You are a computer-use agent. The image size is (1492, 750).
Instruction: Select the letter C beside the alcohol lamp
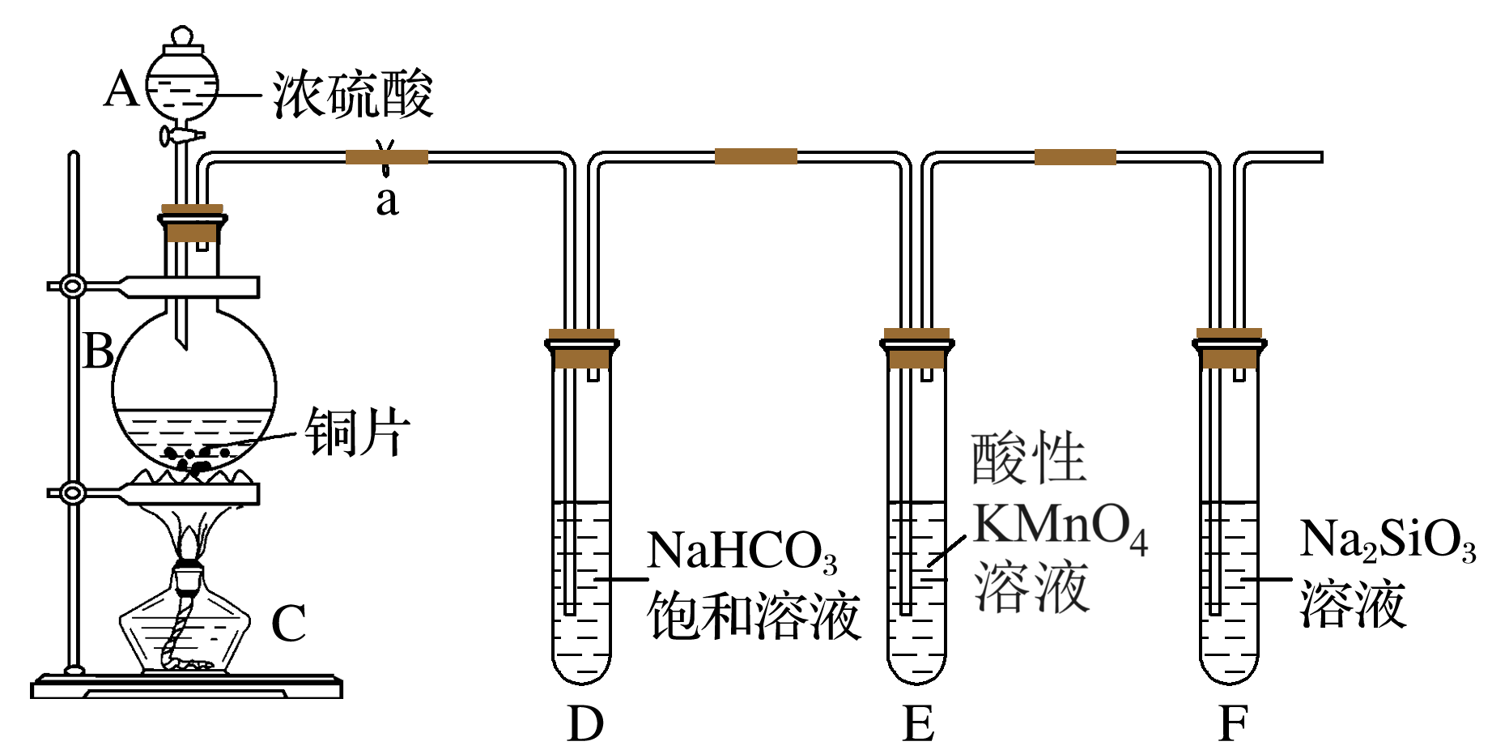(289, 623)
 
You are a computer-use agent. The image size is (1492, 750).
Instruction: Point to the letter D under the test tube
(585, 723)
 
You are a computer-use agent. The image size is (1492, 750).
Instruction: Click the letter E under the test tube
(918, 723)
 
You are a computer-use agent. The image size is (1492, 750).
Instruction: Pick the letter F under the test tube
(1232, 723)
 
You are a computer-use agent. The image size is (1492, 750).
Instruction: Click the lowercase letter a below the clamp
(388, 201)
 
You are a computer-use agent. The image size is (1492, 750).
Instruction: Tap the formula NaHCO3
(742, 552)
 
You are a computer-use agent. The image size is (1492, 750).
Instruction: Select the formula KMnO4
(1061, 525)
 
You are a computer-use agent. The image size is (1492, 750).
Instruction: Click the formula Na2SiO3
(1388, 539)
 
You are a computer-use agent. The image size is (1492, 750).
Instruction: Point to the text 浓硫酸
(353, 95)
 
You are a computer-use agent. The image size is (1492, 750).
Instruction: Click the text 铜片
(357, 432)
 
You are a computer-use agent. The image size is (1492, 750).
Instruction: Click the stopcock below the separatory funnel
(181, 134)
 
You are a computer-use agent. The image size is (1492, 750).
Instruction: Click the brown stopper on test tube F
(1229, 349)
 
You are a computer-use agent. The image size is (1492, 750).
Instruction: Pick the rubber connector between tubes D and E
(756, 156)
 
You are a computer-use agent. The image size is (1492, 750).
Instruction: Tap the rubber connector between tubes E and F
(1076, 156)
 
